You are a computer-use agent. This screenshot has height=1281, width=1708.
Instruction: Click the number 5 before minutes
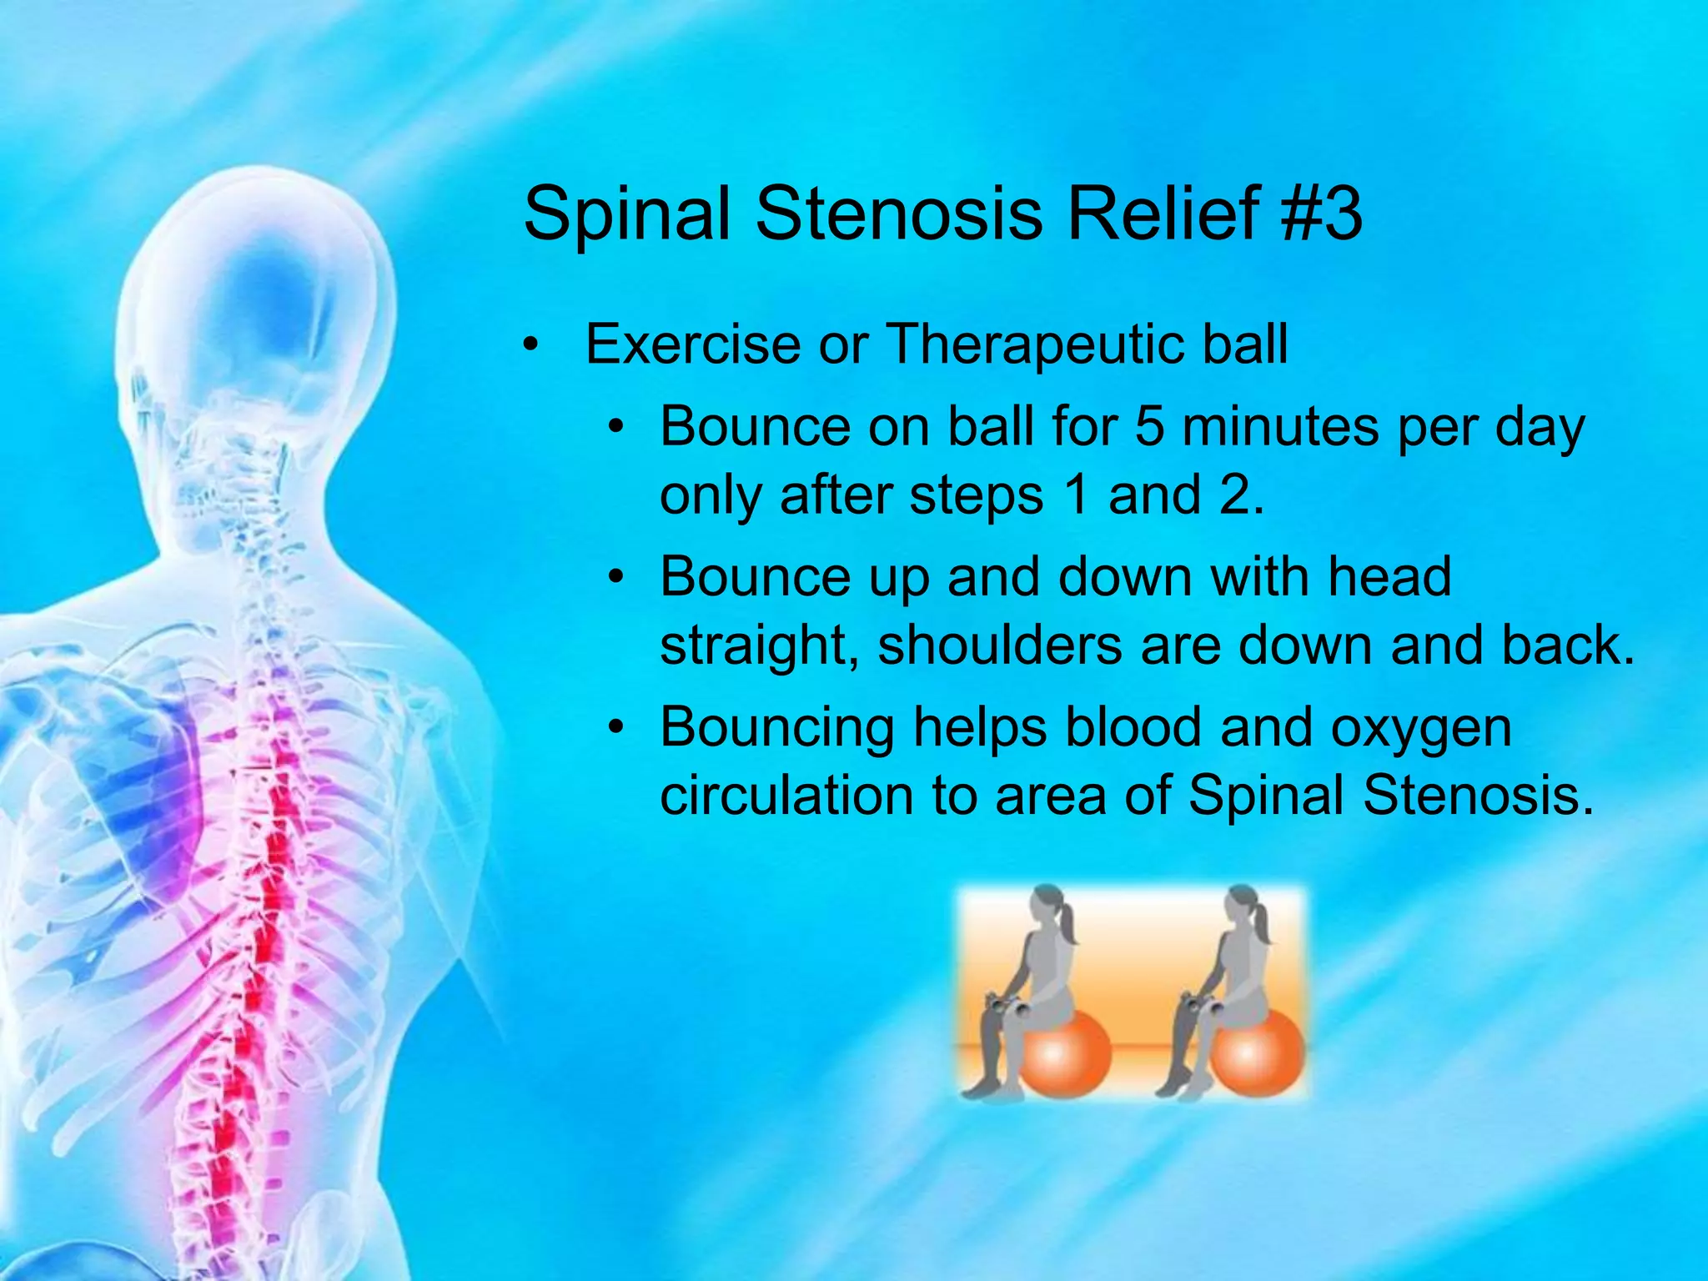tap(1149, 427)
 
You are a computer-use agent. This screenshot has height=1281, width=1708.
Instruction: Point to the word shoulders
tap(1000, 646)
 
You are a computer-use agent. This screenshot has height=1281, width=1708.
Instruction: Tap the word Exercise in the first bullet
tap(692, 344)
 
